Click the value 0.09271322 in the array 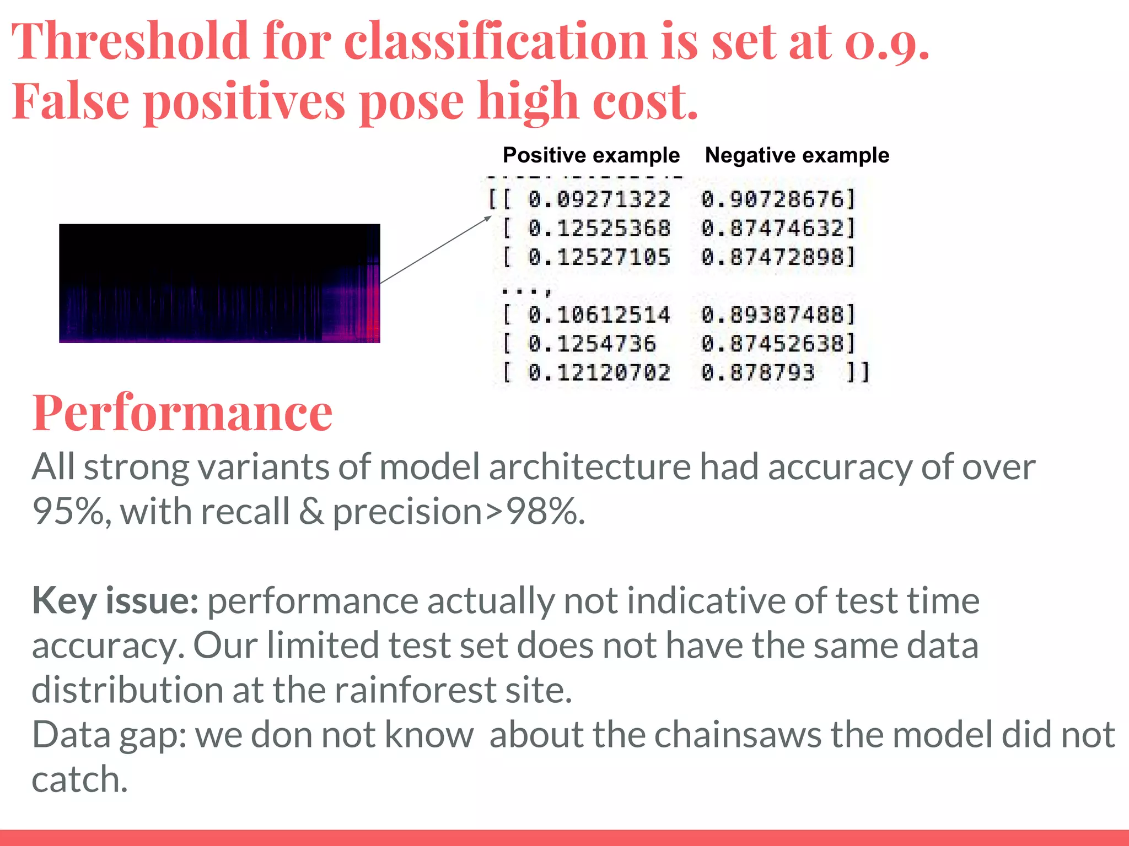[x=599, y=199]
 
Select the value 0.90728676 [x=772, y=199]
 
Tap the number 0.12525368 [x=599, y=229]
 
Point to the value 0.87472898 [x=772, y=257]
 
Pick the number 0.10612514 [x=599, y=315]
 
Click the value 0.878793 [x=757, y=373]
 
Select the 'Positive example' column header [x=591, y=155]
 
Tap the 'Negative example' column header [x=797, y=155]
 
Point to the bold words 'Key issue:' [x=115, y=600]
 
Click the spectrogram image [x=219, y=283]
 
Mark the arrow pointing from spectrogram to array [x=436, y=250]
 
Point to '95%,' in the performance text [x=72, y=512]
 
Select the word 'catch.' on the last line [x=80, y=779]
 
